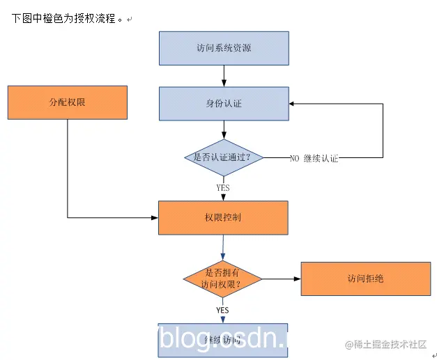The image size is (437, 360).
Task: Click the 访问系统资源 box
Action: coord(224,48)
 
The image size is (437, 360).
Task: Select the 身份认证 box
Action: coord(224,104)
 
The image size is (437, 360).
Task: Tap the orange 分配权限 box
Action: coord(68,102)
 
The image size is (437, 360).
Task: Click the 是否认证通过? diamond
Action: coord(223,157)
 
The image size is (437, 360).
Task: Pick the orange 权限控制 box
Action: coord(223,217)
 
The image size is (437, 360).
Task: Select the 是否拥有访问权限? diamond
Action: coord(222,279)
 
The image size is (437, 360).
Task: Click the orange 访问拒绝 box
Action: coord(365,279)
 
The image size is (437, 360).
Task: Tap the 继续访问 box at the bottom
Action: coord(223,340)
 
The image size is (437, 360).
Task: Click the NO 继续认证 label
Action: coord(314,158)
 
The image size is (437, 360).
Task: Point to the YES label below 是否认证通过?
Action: coord(223,187)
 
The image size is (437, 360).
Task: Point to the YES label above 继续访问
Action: coord(222,310)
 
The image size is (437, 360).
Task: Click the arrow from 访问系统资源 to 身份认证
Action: coord(224,76)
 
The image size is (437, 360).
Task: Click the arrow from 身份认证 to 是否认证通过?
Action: coord(224,130)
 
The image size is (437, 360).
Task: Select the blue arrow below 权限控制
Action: coord(223,246)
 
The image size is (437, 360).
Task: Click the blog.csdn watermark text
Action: coord(223,338)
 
